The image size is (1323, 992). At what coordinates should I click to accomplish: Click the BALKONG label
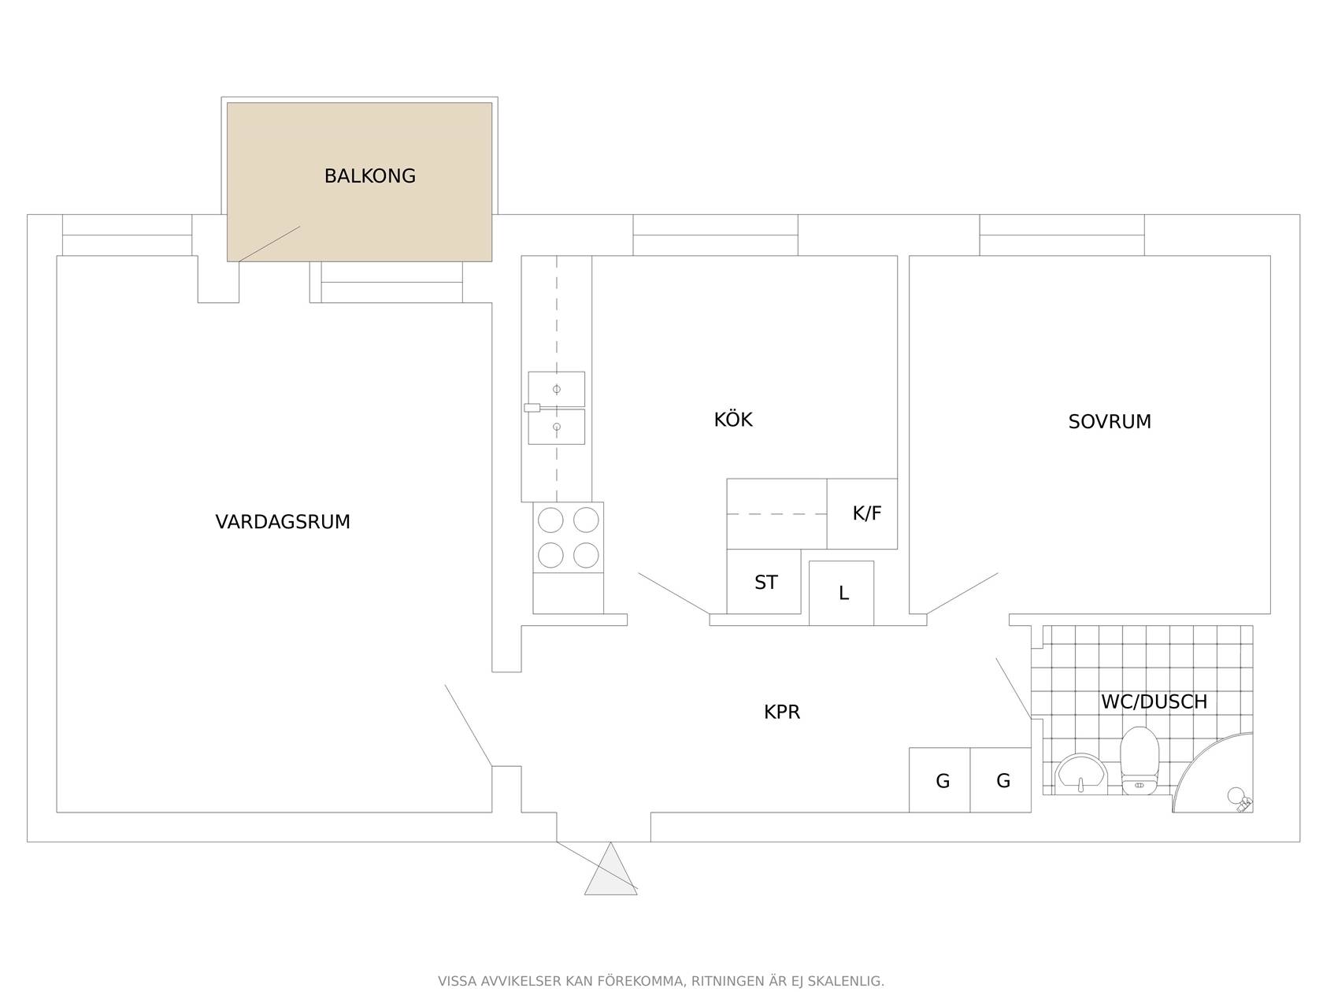tap(369, 176)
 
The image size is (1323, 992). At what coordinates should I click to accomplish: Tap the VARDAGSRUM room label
tap(283, 522)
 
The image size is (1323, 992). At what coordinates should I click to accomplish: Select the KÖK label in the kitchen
tap(733, 419)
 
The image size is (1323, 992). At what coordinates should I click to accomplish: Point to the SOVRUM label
tap(1109, 422)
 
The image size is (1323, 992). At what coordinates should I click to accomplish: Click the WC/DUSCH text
tap(1154, 701)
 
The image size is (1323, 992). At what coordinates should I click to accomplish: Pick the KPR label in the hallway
tap(782, 712)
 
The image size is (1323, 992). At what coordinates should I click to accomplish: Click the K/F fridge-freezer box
tap(862, 514)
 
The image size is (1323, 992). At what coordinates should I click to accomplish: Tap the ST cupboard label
tap(765, 583)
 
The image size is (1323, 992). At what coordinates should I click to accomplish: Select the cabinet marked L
tap(841, 594)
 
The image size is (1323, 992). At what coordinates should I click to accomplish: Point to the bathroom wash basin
tap(1080, 773)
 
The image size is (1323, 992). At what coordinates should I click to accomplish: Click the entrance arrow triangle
tap(610, 869)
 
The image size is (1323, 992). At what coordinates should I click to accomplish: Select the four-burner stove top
tap(568, 537)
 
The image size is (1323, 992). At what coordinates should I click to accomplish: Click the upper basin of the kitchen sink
tap(556, 389)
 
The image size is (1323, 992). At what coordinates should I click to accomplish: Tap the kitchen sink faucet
tap(532, 408)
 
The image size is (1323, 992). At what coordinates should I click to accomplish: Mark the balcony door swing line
tap(269, 244)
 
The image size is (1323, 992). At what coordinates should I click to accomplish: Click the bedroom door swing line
tap(962, 594)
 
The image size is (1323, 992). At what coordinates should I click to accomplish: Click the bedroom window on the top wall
tap(1062, 235)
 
